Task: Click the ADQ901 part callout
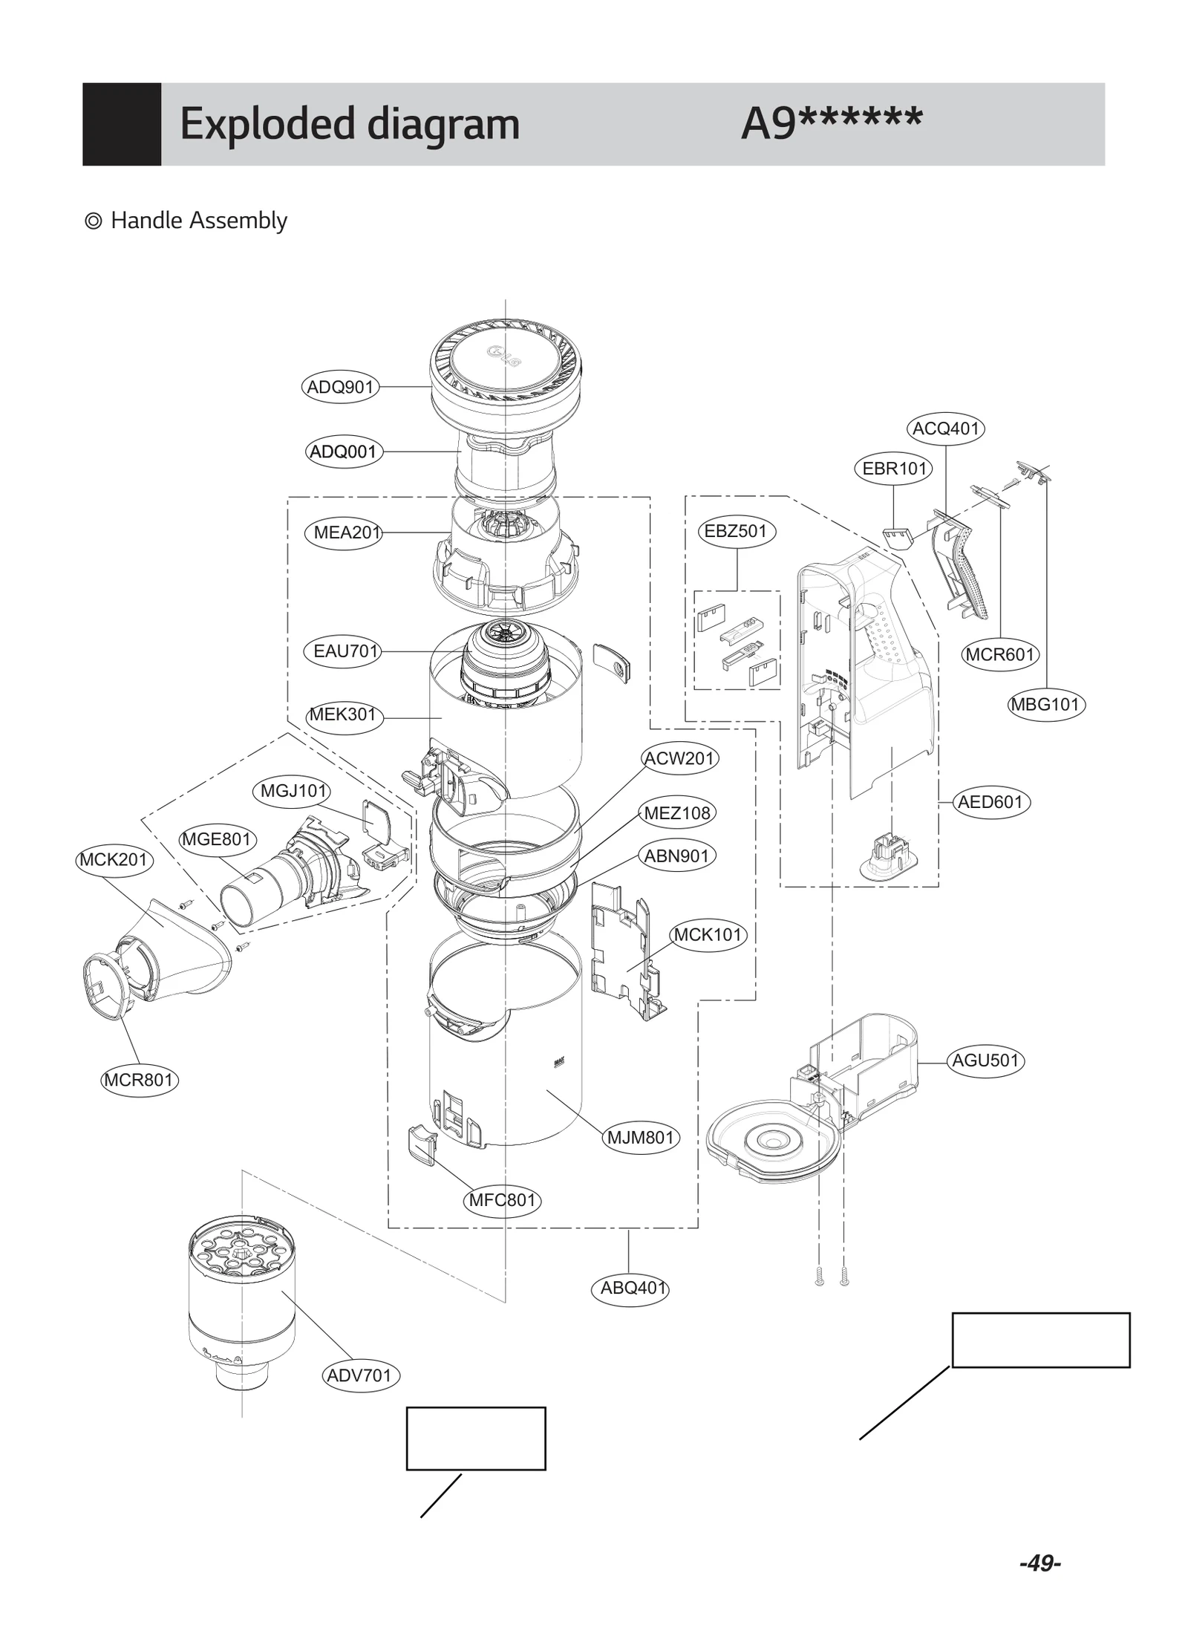coord(340,387)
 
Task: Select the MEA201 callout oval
coord(343,532)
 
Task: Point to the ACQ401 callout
coord(945,429)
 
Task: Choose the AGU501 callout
coord(985,1061)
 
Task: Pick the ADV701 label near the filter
coord(360,1375)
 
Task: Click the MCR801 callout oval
coord(140,1080)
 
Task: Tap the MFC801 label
coord(502,1200)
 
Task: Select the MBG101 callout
coord(1045,704)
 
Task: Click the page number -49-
coord(1039,1563)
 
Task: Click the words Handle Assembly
coord(198,221)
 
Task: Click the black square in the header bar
coord(122,124)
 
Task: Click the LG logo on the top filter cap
coord(503,358)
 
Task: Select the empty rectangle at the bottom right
coord(1040,1340)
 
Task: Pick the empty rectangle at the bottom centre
coord(475,1439)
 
